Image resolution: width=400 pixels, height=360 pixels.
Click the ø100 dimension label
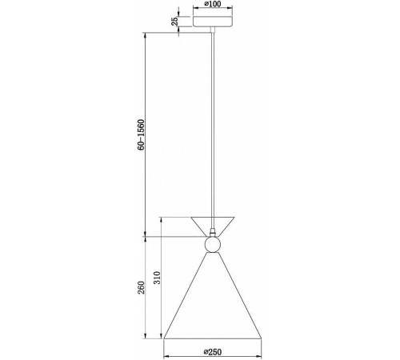click(x=213, y=4)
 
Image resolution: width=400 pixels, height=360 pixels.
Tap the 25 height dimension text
click(x=174, y=22)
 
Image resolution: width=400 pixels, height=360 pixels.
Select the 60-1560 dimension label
click(x=141, y=134)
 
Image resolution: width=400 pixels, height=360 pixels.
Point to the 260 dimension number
click(x=141, y=287)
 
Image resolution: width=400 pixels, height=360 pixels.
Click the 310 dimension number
click(x=158, y=278)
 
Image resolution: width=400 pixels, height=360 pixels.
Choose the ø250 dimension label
click(x=213, y=352)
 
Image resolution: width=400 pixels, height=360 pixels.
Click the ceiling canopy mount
click(x=213, y=22)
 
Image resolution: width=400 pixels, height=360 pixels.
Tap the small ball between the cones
click(x=213, y=245)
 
